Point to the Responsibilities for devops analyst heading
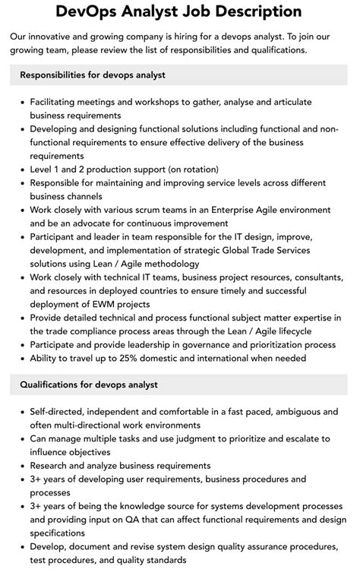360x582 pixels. [x=93, y=75]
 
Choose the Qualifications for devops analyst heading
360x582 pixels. [x=89, y=384]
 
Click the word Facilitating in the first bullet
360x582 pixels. [x=58, y=102]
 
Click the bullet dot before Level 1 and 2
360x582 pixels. [x=21, y=169]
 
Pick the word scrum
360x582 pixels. [x=153, y=210]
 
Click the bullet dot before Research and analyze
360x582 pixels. [x=21, y=466]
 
